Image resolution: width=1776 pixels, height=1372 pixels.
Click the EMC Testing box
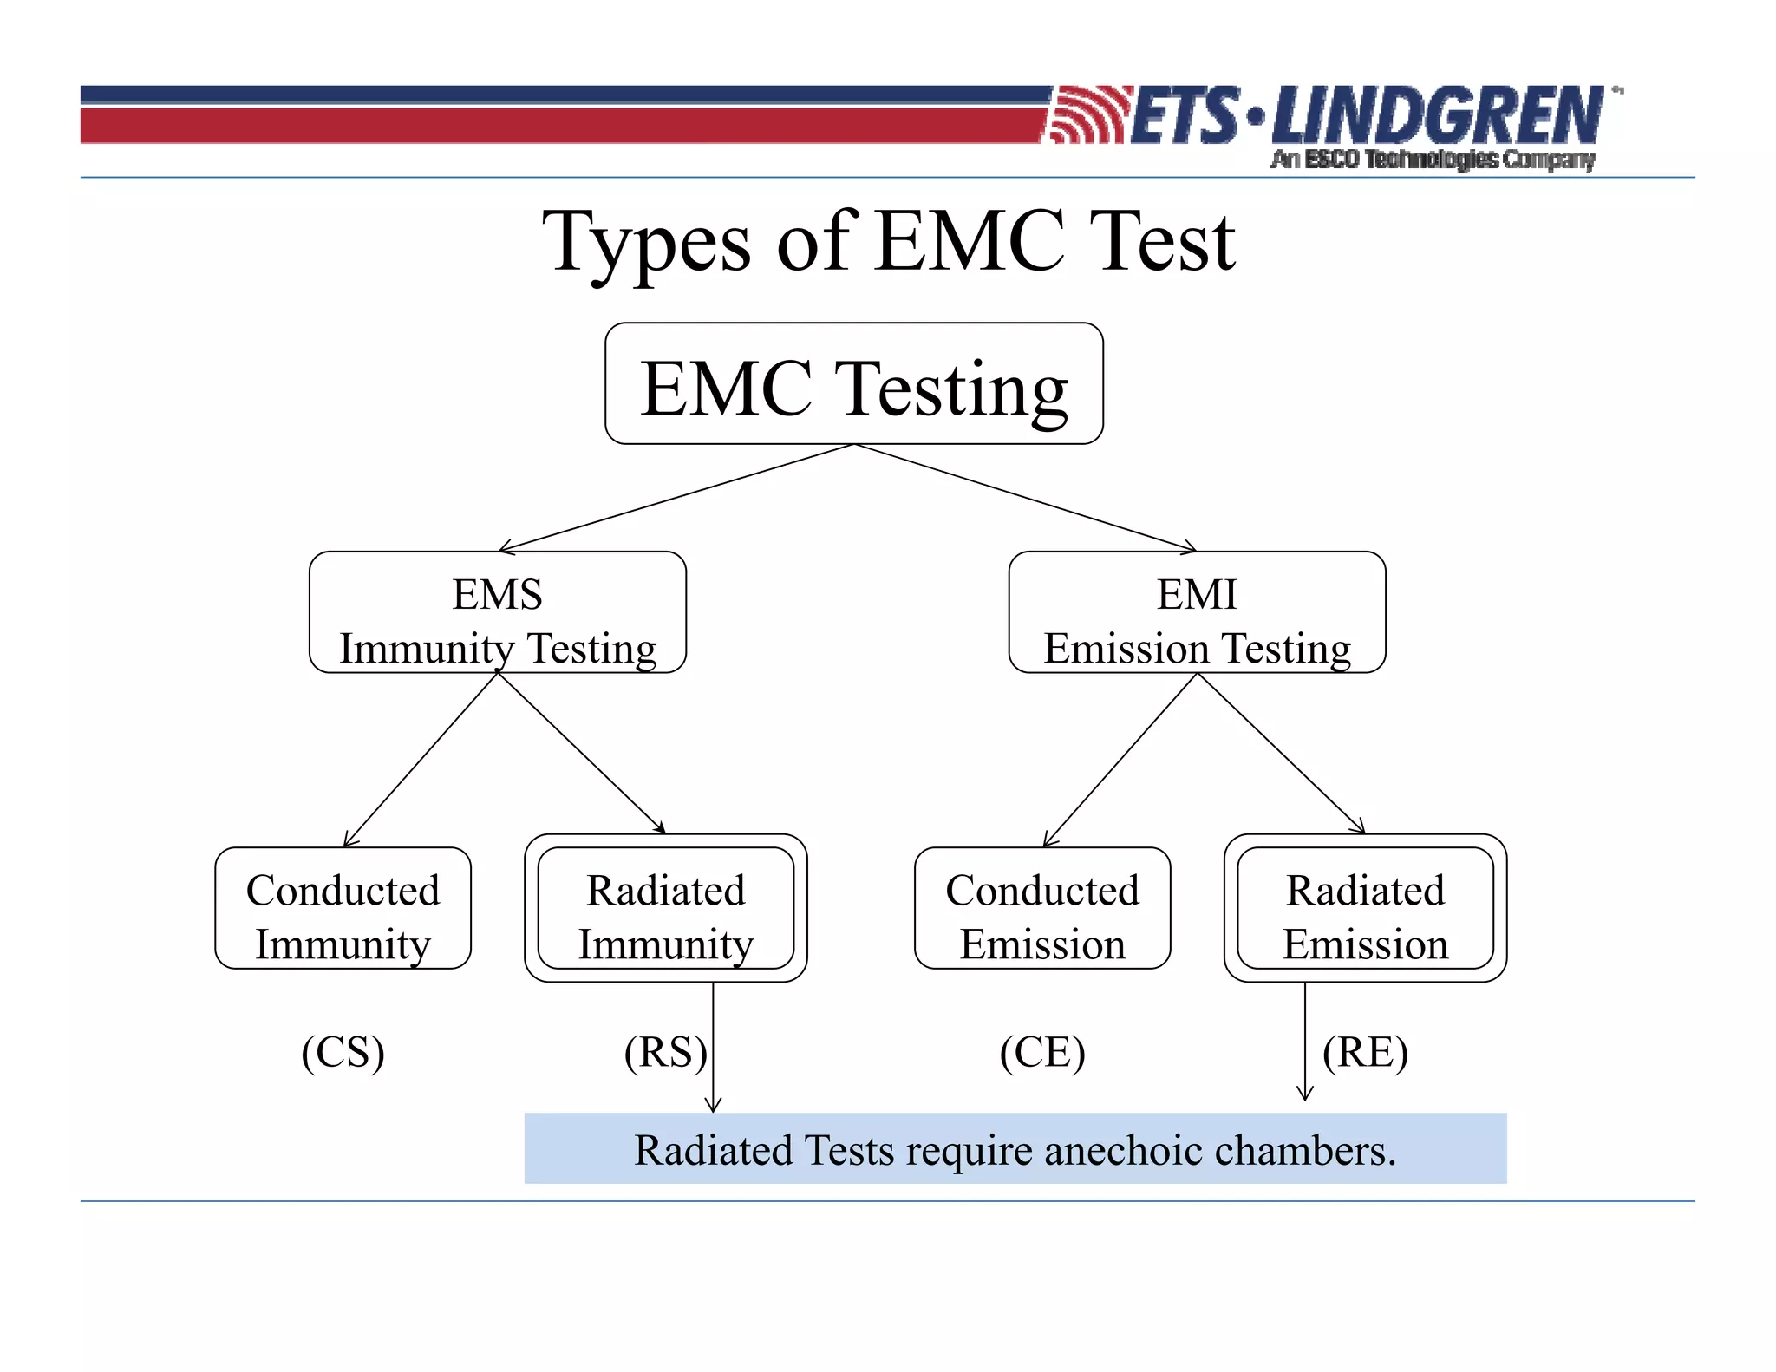(854, 384)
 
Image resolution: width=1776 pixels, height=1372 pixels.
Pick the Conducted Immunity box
(343, 909)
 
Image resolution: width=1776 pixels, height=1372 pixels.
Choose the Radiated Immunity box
(666, 909)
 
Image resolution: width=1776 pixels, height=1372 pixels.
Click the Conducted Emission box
(1042, 909)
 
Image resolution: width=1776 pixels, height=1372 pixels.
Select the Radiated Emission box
(1365, 909)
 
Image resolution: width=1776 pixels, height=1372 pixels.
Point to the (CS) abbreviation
(343, 1053)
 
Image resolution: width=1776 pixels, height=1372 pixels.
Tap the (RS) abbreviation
(665, 1053)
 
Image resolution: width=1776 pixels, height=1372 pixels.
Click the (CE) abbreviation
(1042, 1053)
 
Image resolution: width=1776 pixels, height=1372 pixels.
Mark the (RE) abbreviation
(1365, 1053)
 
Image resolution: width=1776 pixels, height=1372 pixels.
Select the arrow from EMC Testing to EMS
(676, 498)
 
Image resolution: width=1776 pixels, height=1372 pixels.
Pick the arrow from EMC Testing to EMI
(1025, 498)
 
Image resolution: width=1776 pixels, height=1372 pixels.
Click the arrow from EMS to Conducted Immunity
(421, 760)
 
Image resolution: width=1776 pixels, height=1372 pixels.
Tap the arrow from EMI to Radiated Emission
(1280, 753)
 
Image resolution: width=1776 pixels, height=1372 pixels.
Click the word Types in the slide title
(646, 243)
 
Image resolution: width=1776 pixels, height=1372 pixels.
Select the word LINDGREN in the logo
(1436, 116)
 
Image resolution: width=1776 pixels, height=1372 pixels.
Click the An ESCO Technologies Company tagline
(1433, 160)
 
